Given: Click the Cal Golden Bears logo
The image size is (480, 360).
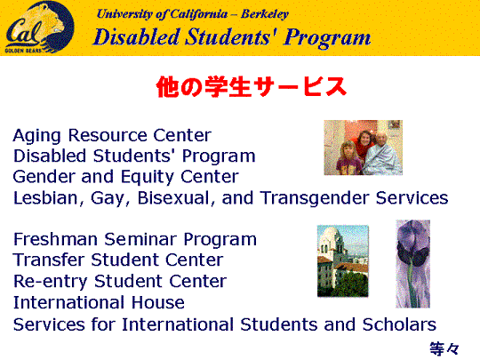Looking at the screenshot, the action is pos(39,28).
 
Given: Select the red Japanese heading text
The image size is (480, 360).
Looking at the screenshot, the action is pos(252,87).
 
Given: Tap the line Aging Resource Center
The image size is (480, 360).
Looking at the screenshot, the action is pos(112,135).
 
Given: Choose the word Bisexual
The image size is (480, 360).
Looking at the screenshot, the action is pos(172,197).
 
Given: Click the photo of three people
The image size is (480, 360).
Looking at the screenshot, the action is pos(363,148).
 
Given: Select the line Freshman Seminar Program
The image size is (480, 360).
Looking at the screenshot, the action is pos(135,239).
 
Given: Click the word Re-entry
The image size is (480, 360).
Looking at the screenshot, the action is pos(51,282).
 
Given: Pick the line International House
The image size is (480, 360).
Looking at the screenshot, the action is pos(99,302).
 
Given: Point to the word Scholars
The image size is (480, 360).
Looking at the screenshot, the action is pos(399,324).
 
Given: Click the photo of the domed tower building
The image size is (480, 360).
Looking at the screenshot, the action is pos(343,260).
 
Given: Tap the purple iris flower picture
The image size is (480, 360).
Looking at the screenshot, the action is pos(413,264).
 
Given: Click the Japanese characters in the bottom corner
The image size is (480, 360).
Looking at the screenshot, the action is pos(444,348).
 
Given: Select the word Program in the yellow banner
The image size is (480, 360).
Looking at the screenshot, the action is pos(327,37).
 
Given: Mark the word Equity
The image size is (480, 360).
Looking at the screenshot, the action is pos(148,177).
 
